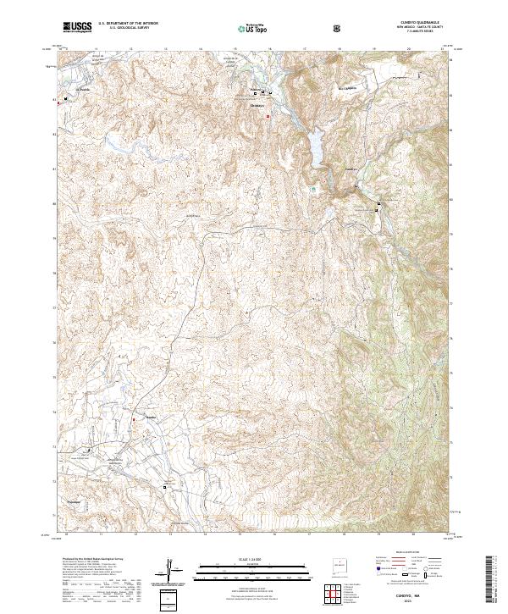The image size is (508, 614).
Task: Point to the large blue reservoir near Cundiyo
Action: tap(313, 145)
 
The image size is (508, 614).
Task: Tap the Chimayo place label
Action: tap(259, 106)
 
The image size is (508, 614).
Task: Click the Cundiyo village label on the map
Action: tap(351, 169)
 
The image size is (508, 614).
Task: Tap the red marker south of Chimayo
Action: tap(268, 115)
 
